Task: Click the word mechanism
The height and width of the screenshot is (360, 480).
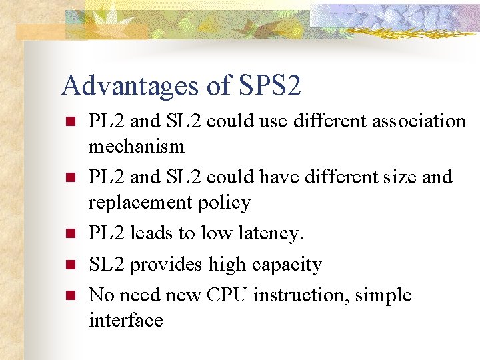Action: click(x=136, y=145)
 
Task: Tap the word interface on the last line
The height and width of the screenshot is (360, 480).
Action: click(x=125, y=320)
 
